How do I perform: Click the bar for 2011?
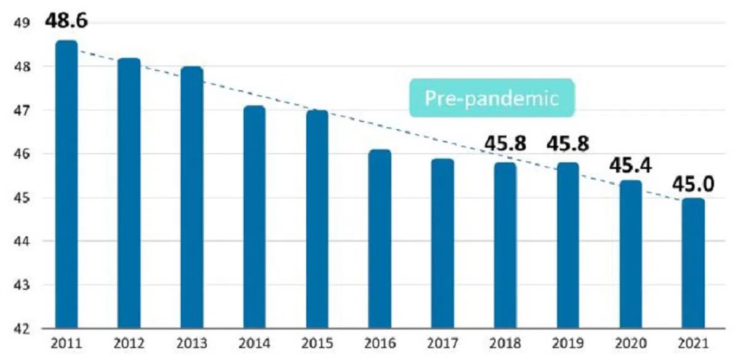(66, 185)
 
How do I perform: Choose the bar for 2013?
(191, 197)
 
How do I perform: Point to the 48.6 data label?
(66, 20)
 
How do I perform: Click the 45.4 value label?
(630, 165)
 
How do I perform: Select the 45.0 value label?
(693, 183)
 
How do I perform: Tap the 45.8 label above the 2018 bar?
(505, 143)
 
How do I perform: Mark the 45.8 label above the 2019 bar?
(568, 143)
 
